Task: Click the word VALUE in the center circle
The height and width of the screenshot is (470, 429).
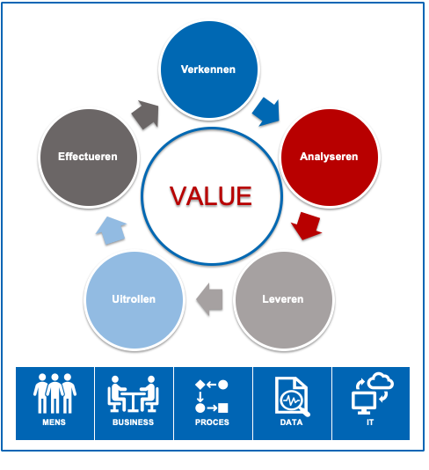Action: point(211,196)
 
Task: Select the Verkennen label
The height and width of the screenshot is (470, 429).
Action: point(208,70)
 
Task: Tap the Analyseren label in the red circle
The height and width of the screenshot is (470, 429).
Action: point(329,157)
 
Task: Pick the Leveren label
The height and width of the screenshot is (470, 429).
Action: point(283,299)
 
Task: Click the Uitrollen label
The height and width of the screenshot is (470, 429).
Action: point(134,299)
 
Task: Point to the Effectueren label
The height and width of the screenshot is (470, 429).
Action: point(88,157)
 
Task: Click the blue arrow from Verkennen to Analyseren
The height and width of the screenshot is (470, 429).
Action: point(265,112)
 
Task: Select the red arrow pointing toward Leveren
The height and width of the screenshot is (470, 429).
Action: point(306,225)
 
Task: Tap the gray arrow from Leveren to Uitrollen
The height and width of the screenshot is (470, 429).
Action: point(209,299)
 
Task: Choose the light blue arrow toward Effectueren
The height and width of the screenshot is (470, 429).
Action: point(111,231)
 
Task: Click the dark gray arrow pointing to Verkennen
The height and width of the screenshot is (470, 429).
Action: point(145,114)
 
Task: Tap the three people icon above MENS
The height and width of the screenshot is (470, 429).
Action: point(55,393)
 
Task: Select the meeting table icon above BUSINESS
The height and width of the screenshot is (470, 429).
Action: point(133,393)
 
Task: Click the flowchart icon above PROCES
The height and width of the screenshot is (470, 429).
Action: point(212,396)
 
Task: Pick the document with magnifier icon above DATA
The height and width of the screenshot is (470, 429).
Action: point(293,397)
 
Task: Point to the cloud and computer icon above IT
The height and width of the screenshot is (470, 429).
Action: point(373,393)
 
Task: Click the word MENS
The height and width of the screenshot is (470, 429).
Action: point(54,422)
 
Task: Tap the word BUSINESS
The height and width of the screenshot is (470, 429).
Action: point(134,422)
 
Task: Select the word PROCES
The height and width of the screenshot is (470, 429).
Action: point(212,422)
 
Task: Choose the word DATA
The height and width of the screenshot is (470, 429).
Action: point(291,422)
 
